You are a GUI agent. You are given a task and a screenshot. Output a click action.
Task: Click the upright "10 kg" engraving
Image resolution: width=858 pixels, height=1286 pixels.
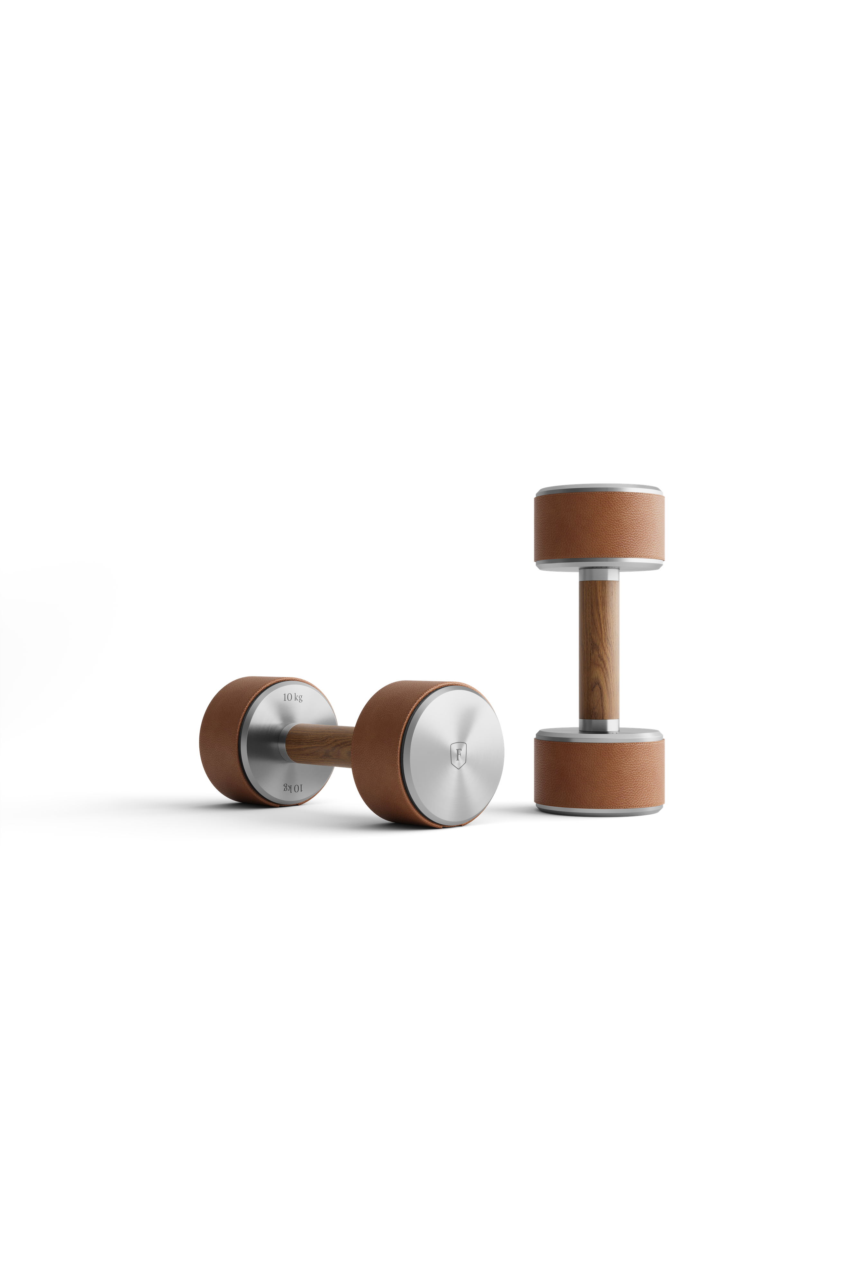[293, 697]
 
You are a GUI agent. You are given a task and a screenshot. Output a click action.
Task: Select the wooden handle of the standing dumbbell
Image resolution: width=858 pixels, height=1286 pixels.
[600, 650]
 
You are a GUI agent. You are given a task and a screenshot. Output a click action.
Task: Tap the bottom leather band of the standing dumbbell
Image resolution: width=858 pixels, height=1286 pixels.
[600, 772]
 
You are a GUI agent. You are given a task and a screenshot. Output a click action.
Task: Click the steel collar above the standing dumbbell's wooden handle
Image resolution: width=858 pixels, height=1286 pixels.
[600, 574]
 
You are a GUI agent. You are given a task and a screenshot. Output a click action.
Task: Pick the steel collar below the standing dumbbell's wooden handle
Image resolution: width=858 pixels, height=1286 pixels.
[600, 724]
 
